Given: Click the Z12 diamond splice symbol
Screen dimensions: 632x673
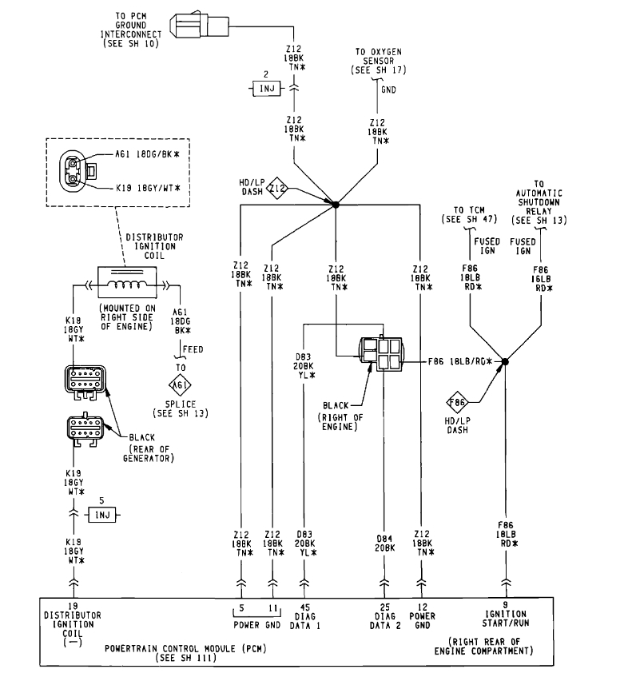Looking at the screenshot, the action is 277,188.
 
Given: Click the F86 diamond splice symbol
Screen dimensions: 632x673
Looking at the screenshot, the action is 457,402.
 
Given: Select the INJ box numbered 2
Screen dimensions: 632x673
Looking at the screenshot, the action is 267,89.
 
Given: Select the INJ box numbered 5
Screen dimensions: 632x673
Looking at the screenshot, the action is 102,515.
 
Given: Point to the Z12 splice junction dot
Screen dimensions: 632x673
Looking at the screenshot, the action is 336,205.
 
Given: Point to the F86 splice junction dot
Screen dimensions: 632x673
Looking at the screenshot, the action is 505,362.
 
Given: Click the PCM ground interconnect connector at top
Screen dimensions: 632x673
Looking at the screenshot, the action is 199,26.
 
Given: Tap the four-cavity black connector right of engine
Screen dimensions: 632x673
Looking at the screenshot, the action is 381,353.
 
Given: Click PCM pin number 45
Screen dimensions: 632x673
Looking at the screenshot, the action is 304,607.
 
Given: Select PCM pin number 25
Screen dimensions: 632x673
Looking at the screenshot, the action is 385,607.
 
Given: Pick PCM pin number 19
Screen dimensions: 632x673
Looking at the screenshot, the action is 73,606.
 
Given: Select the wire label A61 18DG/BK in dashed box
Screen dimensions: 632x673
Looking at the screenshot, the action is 147,153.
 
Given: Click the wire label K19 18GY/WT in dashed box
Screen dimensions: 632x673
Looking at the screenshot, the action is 148,188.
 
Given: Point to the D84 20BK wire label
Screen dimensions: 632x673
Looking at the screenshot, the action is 384,543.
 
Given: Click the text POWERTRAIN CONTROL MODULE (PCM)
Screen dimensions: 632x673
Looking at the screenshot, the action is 185,648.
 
